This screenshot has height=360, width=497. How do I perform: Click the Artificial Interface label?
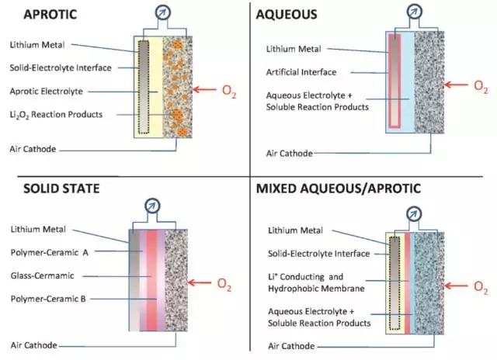point(301,72)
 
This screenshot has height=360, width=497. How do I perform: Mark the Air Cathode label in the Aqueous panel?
point(289,154)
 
